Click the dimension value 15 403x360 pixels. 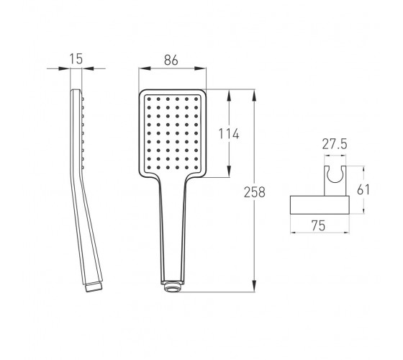pos(76,58)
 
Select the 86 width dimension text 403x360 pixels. pos(171,60)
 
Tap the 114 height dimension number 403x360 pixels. pos(229,134)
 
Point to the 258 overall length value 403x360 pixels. pos(255,192)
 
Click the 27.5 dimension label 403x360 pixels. pos(335,144)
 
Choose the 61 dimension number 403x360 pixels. pos(363,189)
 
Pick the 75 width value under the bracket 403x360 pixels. pos(318,225)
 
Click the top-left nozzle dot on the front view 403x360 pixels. pos(149,99)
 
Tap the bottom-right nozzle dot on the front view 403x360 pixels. pos(196,167)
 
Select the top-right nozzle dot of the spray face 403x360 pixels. pos(196,99)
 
